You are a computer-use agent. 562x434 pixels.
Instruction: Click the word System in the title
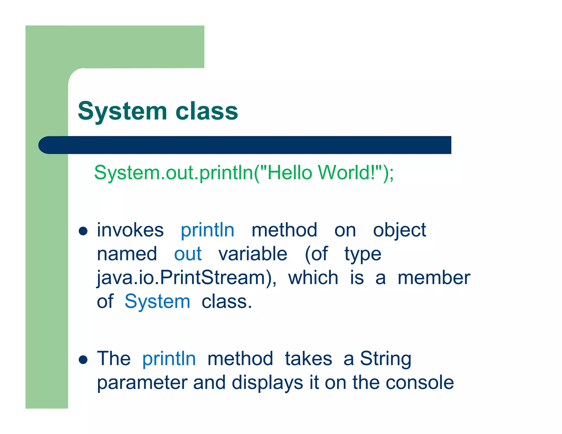pos(122,111)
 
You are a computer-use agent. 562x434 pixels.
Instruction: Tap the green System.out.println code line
pos(244,173)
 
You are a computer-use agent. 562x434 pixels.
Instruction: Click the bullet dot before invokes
pos(83,231)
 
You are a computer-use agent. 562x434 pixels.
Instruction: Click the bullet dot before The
pos(83,359)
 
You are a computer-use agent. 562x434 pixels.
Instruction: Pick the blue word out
pos(188,254)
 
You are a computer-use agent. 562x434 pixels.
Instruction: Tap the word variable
pos(253,254)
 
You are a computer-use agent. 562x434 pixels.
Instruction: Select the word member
pos(434,278)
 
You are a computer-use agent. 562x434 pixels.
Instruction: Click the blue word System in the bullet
pos(157,301)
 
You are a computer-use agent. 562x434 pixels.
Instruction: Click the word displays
pos(267,382)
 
